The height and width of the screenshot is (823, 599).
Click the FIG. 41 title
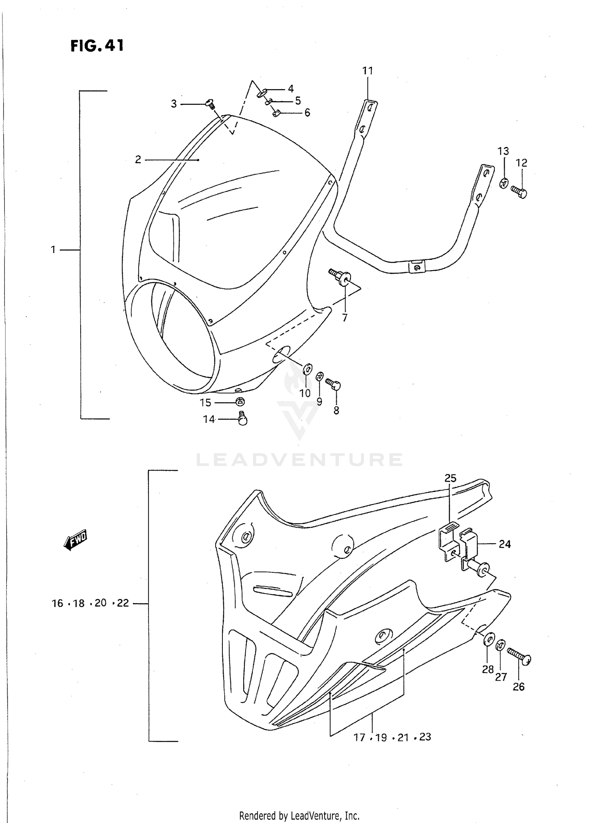pyautogui.click(x=97, y=46)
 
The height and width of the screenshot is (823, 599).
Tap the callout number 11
pyautogui.click(x=367, y=71)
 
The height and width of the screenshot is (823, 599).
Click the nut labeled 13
pyautogui.click(x=504, y=183)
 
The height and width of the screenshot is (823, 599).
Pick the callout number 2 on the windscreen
pyautogui.click(x=138, y=160)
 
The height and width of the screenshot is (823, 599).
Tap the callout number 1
pyautogui.click(x=53, y=250)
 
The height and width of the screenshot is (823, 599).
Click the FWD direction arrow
pyautogui.click(x=75, y=541)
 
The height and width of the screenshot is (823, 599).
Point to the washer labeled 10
pyautogui.click(x=307, y=368)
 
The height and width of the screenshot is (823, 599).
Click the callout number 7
pyautogui.click(x=344, y=317)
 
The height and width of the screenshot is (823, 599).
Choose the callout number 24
pyautogui.click(x=505, y=544)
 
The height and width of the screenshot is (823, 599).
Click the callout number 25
pyautogui.click(x=450, y=478)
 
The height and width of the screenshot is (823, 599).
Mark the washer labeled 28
pyautogui.click(x=488, y=639)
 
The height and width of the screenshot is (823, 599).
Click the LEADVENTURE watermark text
pyautogui.click(x=299, y=460)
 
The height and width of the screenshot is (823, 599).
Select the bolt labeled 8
pyautogui.click(x=333, y=384)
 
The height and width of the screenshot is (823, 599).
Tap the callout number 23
pyautogui.click(x=425, y=736)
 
